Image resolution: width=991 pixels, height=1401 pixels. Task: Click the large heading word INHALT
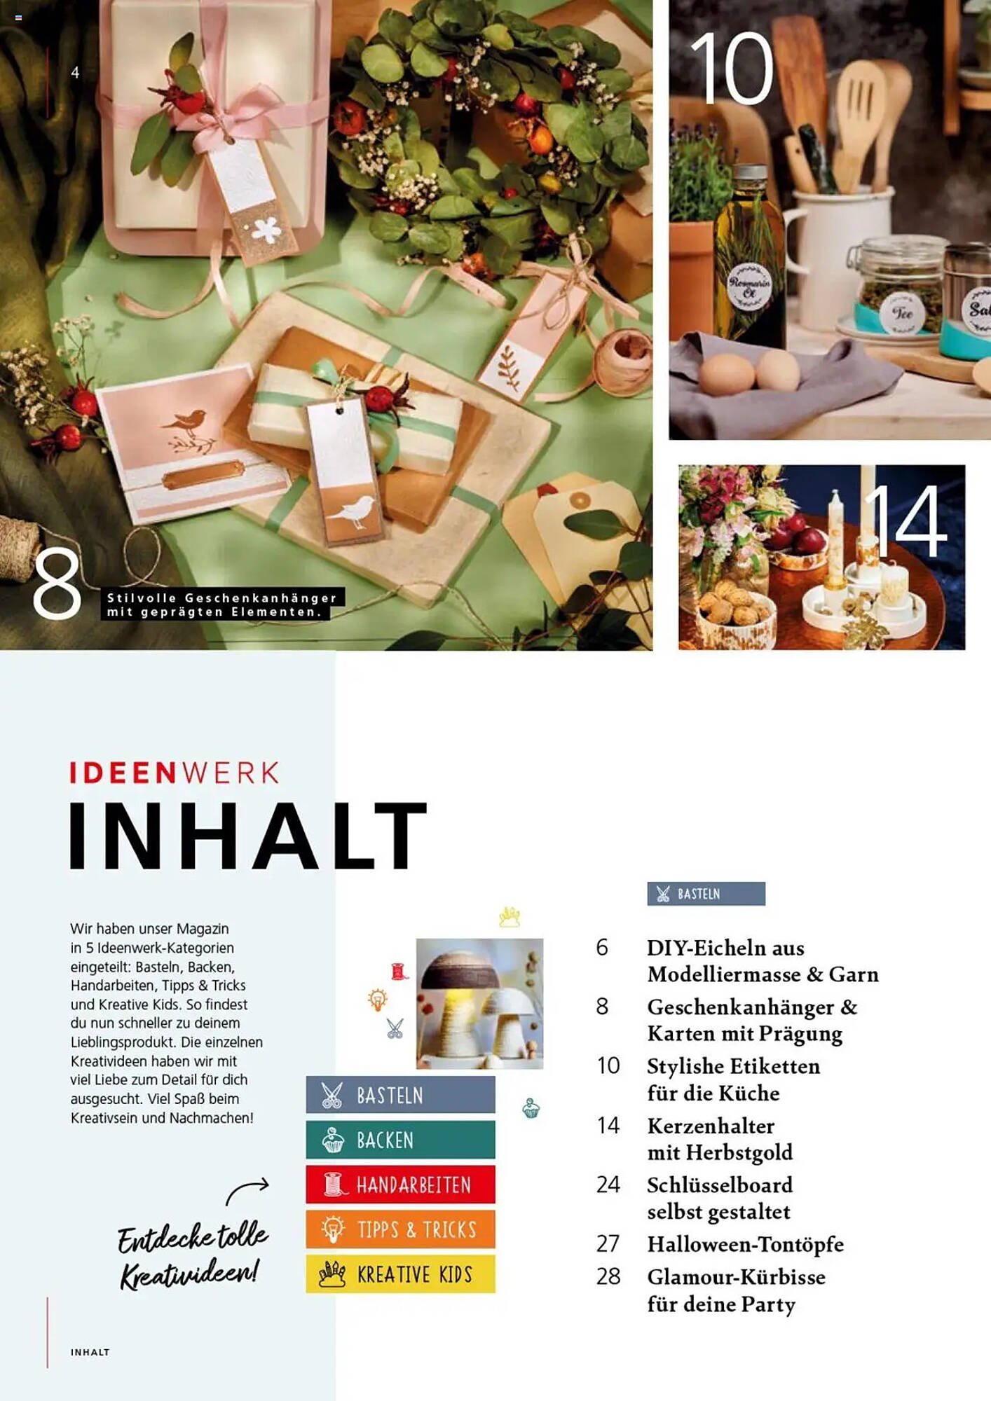pyautogui.click(x=247, y=836)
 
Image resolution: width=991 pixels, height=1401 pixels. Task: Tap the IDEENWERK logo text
pyautogui.click(x=175, y=773)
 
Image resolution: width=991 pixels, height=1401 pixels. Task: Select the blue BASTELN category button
pyautogui.click(x=400, y=1095)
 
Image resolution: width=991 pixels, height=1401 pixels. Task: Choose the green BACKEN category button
pyautogui.click(x=400, y=1140)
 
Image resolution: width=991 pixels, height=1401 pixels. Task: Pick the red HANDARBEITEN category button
pyautogui.click(x=400, y=1185)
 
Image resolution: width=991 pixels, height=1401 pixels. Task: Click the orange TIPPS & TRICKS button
pyautogui.click(x=400, y=1229)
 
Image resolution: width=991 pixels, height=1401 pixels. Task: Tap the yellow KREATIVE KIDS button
pyautogui.click(x=400, y=1274)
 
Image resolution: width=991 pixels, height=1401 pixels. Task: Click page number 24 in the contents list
pyautogui.click(x=608, y=1185)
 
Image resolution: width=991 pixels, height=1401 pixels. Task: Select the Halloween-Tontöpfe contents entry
pyautogui.click(x=745, y=1244)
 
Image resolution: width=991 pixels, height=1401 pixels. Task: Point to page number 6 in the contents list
pyautogui.click(x=602, y=948)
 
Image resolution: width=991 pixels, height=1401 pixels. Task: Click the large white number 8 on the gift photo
pyautogui.click(x=57, y=584)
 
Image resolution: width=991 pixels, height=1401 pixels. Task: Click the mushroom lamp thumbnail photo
pyautogui.click(x=479, y=1003)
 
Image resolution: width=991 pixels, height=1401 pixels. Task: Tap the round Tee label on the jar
pyautogui.click(x=902, y=313)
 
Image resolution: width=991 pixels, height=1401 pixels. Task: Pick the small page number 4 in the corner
pyautogui.click(x=75, y=72)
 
